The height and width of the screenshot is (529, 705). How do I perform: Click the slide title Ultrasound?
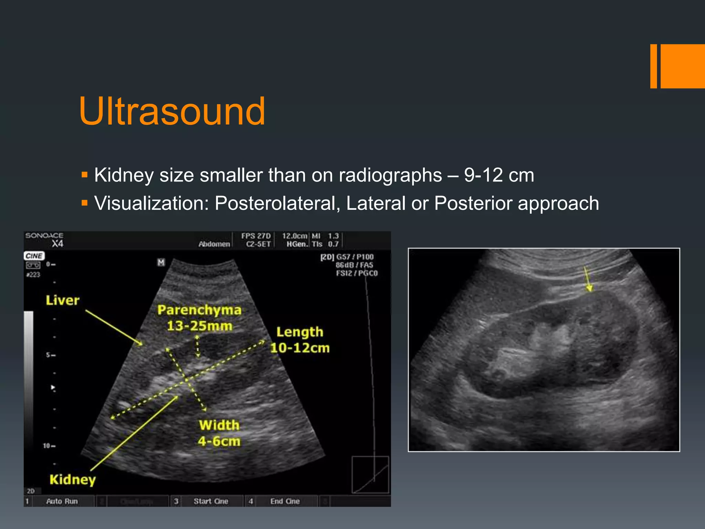[x=172, y=111]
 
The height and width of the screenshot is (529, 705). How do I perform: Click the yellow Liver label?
[x=62, y=300]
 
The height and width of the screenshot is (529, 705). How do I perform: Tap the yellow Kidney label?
[x=72, y=479]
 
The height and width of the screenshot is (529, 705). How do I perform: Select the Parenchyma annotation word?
[x=199, y=310]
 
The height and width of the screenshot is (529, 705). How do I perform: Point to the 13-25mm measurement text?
[x=199, y=326]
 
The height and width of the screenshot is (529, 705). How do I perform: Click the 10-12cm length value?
[x=300, y=348]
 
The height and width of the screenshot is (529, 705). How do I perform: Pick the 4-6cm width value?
[x=219, y=441]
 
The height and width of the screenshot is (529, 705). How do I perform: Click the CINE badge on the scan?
[x=34, y=256]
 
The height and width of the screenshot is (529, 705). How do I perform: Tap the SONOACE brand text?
[x=44, y=236]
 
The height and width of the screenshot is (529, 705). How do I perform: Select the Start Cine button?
[x=211, y=501]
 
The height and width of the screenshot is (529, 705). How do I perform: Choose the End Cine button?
[x=285, y=501]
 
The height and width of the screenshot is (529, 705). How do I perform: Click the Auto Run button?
[x=62, y=501]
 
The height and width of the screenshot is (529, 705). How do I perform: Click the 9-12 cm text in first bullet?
[x=499, y=175]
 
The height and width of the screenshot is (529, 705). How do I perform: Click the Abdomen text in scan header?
[x=214, y=244]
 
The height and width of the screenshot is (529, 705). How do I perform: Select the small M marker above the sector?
[x=161, y=262]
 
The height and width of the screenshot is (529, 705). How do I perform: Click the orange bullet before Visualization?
[x=85, y=203]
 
